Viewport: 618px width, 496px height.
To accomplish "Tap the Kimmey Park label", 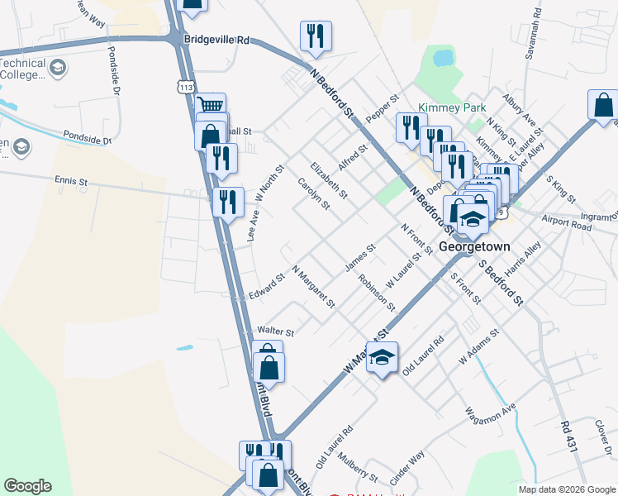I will (x=452, y=107).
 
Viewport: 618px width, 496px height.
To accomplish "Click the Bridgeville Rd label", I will (x=217, y=40).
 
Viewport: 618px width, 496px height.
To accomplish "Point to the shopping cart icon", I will (x=212, y=105).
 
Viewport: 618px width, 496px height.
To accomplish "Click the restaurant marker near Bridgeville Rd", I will (x=316, y=36).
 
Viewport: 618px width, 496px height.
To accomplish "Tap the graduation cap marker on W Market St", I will (x=382, y=357).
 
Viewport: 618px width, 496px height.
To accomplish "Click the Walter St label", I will (x=277, y=331).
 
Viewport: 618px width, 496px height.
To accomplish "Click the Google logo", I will (x=27, y=486).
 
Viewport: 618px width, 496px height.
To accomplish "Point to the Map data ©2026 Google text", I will (x=567, y=489).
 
